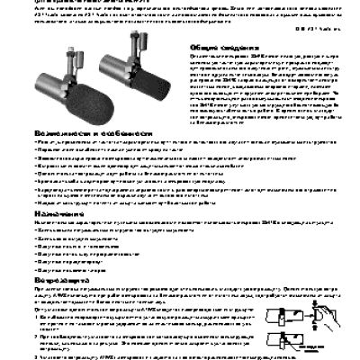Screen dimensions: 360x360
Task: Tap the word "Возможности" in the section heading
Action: tap(50, 131)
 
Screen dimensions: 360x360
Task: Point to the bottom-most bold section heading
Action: tap(53, 281)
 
